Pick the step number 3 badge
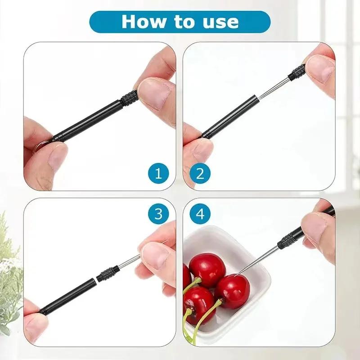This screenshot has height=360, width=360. pyautogui.click(x=158, y=214)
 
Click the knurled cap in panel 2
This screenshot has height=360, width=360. pyautogui.click(x=297, y=73)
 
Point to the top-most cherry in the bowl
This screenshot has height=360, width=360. pyautogui.click(x=207, y=270)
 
